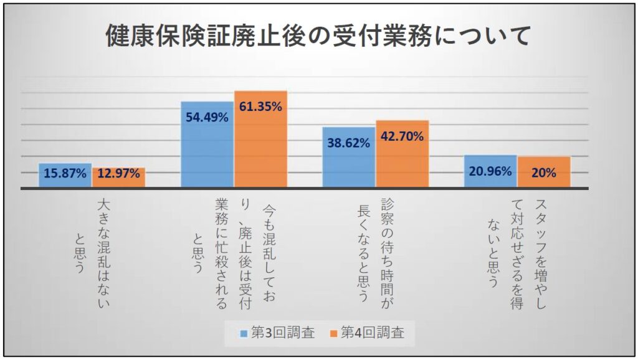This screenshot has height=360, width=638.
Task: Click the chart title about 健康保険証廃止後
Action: [x=318, y=36]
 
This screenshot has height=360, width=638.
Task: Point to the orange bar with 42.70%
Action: [x=402, y=154]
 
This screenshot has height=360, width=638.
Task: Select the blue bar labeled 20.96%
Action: [x=490, y=171]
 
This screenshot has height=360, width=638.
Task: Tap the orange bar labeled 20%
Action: [x=543, y=172]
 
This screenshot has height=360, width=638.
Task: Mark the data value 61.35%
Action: [x=260, y=107]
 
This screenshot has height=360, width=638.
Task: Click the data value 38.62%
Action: [x=349, y=142]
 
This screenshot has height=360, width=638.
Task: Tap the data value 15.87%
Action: [x=65, y=174]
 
